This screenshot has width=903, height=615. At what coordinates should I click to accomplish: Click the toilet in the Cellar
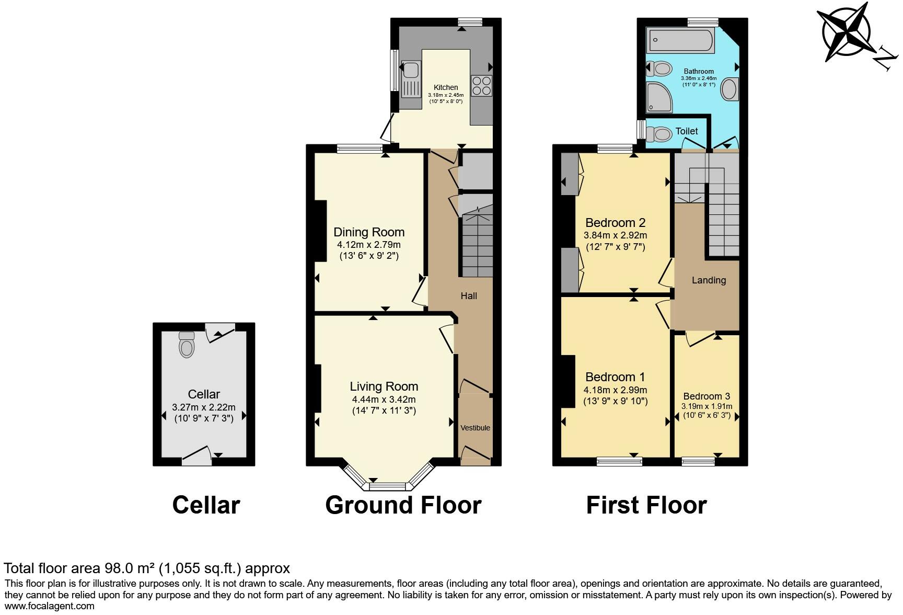click(187, 345)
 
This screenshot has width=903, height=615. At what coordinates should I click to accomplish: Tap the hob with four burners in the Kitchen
click(481, 86)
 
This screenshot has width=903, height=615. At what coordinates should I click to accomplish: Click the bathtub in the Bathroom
click(680, 40)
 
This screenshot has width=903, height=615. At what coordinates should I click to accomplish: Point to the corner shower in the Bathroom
click(660, 97)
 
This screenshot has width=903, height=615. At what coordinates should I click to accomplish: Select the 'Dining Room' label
click(369, 232)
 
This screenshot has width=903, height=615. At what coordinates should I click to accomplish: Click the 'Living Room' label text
click(384, 386)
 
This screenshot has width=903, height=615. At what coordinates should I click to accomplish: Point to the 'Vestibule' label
click(476, 428)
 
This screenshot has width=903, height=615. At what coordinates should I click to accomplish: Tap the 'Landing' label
click(709, 280)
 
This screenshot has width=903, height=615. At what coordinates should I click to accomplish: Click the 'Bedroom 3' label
click(707, 396)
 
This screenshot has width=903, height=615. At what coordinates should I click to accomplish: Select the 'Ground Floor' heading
click(403, 505)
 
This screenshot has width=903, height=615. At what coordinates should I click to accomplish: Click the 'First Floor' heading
click(646, 505)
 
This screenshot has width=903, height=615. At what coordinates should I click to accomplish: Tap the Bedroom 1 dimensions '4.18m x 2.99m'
click(615, 390)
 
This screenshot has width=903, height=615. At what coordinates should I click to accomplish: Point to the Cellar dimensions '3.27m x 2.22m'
click(204, 407)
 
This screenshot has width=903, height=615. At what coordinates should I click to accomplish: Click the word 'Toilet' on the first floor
click(687, 131)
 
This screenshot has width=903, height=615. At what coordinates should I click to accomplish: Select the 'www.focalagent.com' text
click(49, 607)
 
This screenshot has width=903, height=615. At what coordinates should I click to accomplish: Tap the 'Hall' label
click(469, 296)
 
